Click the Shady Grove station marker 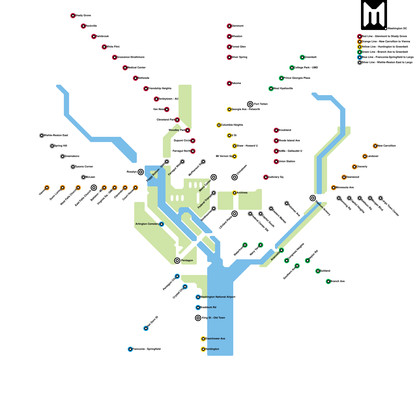pos(73,16)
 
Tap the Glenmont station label pos(237,26)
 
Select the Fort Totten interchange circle pos(250,104)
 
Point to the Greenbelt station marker pos(302,57)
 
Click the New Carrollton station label pos(387,146)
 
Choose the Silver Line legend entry pos(387,63)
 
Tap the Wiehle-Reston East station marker pos(42,136)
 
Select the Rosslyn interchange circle pos(141,172)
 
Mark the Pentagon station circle pos(177,261)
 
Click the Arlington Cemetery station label pos(147,224)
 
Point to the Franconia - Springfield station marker pos(130,349)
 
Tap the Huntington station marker pos(203,349)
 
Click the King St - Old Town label pos(213,318)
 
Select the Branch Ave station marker pos(328,281)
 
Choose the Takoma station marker pos(229,83)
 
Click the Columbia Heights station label pos(232,125)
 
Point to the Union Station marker pos(276,162)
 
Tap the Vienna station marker pos(47,188)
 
